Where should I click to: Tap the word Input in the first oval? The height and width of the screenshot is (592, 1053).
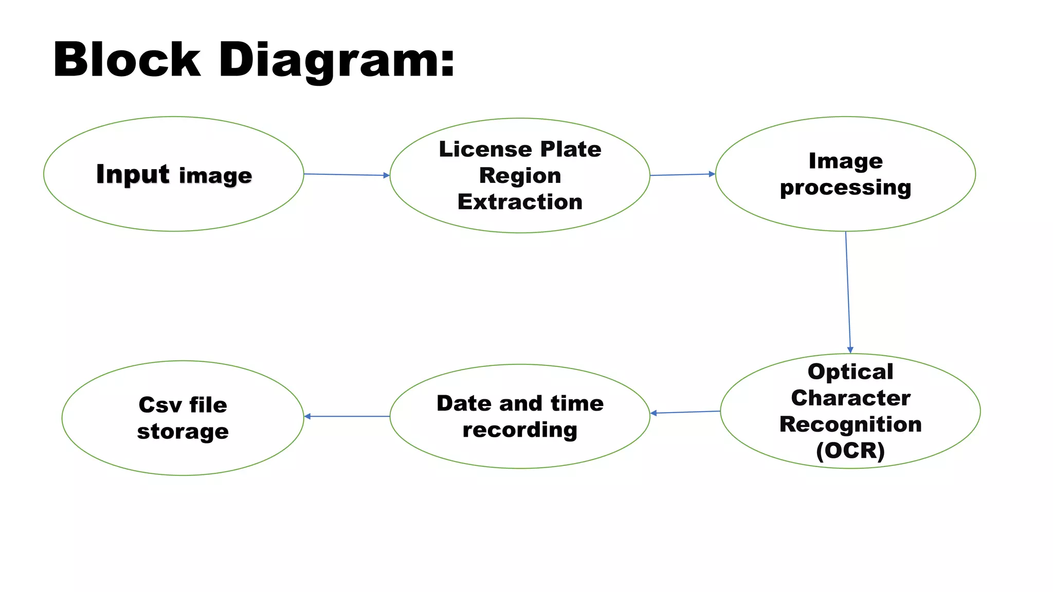[x=133, y=174]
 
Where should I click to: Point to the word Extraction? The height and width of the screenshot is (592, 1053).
[x=520, y=202]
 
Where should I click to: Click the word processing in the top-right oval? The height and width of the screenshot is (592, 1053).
[x=845, y=188]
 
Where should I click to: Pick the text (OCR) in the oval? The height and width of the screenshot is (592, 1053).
[x=850, y=451]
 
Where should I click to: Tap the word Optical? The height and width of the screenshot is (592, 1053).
[x=850, y=372]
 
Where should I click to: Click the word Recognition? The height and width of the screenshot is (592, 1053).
[x=850, y=424]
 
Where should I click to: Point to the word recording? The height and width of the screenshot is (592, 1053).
[x=520, y=430]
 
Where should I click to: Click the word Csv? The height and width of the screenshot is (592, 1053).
[x=160, y=405]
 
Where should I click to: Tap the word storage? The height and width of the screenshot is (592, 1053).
[x=183, y=432]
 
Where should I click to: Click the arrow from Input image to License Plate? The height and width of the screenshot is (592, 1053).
[x=347, y=175]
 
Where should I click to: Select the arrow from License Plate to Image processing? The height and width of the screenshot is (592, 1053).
[x=682, y=175]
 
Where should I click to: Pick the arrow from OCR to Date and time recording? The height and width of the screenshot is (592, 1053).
[x=685, y=412]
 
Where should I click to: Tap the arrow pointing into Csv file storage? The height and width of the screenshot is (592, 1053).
[x=347, y=416]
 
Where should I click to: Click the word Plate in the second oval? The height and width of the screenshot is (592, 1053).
[x=571, y=149]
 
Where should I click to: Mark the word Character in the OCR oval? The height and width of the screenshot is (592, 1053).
[x=850, y=398]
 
